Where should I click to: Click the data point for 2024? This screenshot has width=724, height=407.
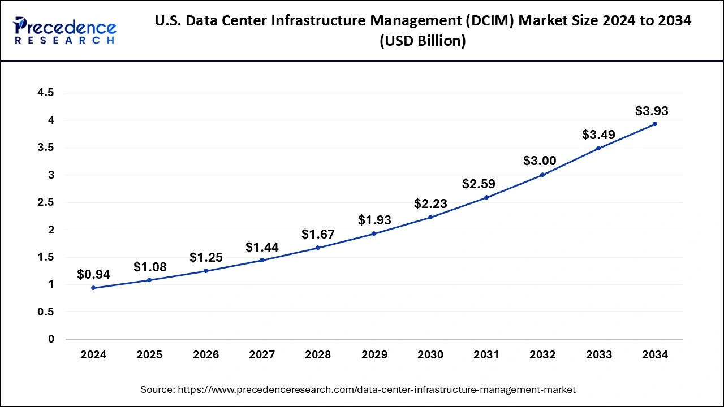pos(93,288)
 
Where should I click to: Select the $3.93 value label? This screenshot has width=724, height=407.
pos(652,111)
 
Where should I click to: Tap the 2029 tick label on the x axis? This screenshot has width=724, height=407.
pos(374,355)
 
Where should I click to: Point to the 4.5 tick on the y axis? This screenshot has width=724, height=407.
pos(45,93)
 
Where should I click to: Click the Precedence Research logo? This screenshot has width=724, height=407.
pos(65,31)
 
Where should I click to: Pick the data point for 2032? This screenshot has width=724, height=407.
pos(542,175)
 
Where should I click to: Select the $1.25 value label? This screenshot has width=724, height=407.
pos(206,258)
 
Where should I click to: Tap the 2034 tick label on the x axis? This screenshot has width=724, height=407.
pos(655,355)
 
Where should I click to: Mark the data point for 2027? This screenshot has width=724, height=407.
pos(262,260)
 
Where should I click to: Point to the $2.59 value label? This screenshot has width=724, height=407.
pos(479,184)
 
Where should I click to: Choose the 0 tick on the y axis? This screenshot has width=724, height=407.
pos(50,339)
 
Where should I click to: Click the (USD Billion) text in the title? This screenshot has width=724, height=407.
pos(423,41)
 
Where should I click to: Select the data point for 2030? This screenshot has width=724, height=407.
pos(430,217)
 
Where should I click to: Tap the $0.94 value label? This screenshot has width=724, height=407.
pos(93,275)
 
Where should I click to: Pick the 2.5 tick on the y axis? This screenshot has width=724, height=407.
pos(45,202)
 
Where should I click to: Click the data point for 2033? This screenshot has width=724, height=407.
pos(598,148)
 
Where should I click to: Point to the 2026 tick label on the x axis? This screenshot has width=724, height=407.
pos(205,355)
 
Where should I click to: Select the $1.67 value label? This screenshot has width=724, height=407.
pos(318,234)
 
